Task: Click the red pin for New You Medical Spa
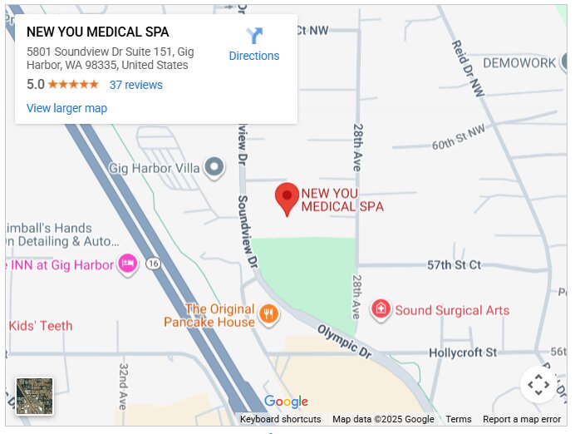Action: click(287, 198)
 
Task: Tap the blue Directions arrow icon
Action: click(254, 37)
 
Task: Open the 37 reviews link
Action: click(135, 85)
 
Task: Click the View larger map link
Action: click(66, 108)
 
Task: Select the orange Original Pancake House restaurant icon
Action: click(268, 313)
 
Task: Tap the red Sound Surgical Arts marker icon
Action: click(381, 310)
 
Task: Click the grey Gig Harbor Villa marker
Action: click(214, 168)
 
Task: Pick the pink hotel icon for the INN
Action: click(127, 264)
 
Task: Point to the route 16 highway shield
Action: click(152, 264)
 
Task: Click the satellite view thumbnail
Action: click(35, 396)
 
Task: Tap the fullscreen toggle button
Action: click(538, 384)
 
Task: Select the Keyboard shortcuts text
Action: click(280, 419)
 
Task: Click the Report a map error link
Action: click(522, 419)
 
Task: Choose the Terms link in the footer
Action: click(458, 419)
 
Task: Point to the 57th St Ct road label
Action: click(454, 265)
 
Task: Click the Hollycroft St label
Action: click(463, 353)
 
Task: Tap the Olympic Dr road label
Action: click(343, 338)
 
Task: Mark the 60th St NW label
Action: click(458, 138)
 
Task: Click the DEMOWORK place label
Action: click(519, 63)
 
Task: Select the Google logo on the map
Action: click(286, 402)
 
